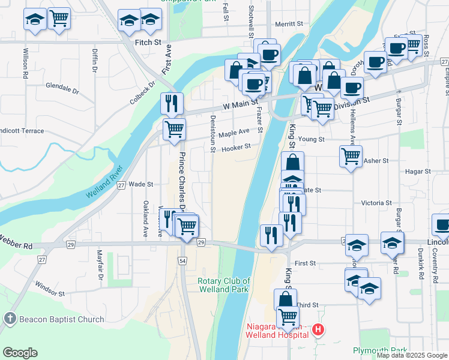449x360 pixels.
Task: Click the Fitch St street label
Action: [148, 43]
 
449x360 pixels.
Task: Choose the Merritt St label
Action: [289, 24]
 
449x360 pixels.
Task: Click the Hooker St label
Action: [235, 148]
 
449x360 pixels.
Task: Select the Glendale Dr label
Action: [62, 88]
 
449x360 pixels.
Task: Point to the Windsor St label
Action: [49, 289]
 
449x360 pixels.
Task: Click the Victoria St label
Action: [376, 203]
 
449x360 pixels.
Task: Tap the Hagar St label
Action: [418, 171]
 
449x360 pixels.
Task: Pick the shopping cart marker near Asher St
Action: [351, 157]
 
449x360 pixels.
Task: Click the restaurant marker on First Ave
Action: [172, 104]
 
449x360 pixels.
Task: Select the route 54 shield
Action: [182, 260]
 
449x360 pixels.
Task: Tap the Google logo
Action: [20, 352]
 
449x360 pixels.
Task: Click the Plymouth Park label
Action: [380, 350]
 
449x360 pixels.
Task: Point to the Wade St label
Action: [141, 185]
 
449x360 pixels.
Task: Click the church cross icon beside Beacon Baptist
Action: [10, 319]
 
